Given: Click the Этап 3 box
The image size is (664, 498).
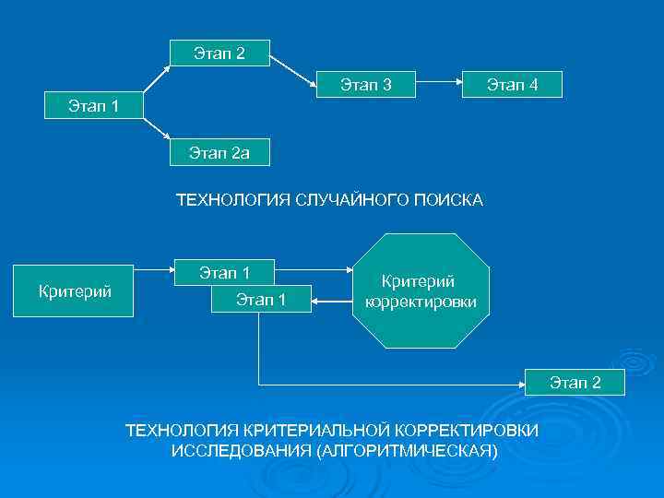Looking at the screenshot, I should [x=365, y=86].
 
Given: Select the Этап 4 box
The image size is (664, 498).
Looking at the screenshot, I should [x=512, y=86].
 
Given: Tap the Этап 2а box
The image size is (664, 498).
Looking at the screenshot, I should [x=219, y=152].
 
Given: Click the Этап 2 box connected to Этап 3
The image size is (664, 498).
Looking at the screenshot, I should [x=219, y=53].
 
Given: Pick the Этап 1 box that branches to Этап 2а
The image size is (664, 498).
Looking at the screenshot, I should [x=92, y=106].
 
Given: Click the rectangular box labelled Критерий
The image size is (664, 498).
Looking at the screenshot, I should [x=75, y=292].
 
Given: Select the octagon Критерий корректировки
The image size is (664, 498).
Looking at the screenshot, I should [x=421, y=291].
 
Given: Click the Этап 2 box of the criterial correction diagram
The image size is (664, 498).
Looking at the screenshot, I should [x=575, y=383].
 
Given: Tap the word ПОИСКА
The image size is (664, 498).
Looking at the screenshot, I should [x=450, y=200].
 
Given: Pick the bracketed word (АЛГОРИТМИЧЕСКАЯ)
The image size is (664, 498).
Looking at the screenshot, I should [x=407, y=451].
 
